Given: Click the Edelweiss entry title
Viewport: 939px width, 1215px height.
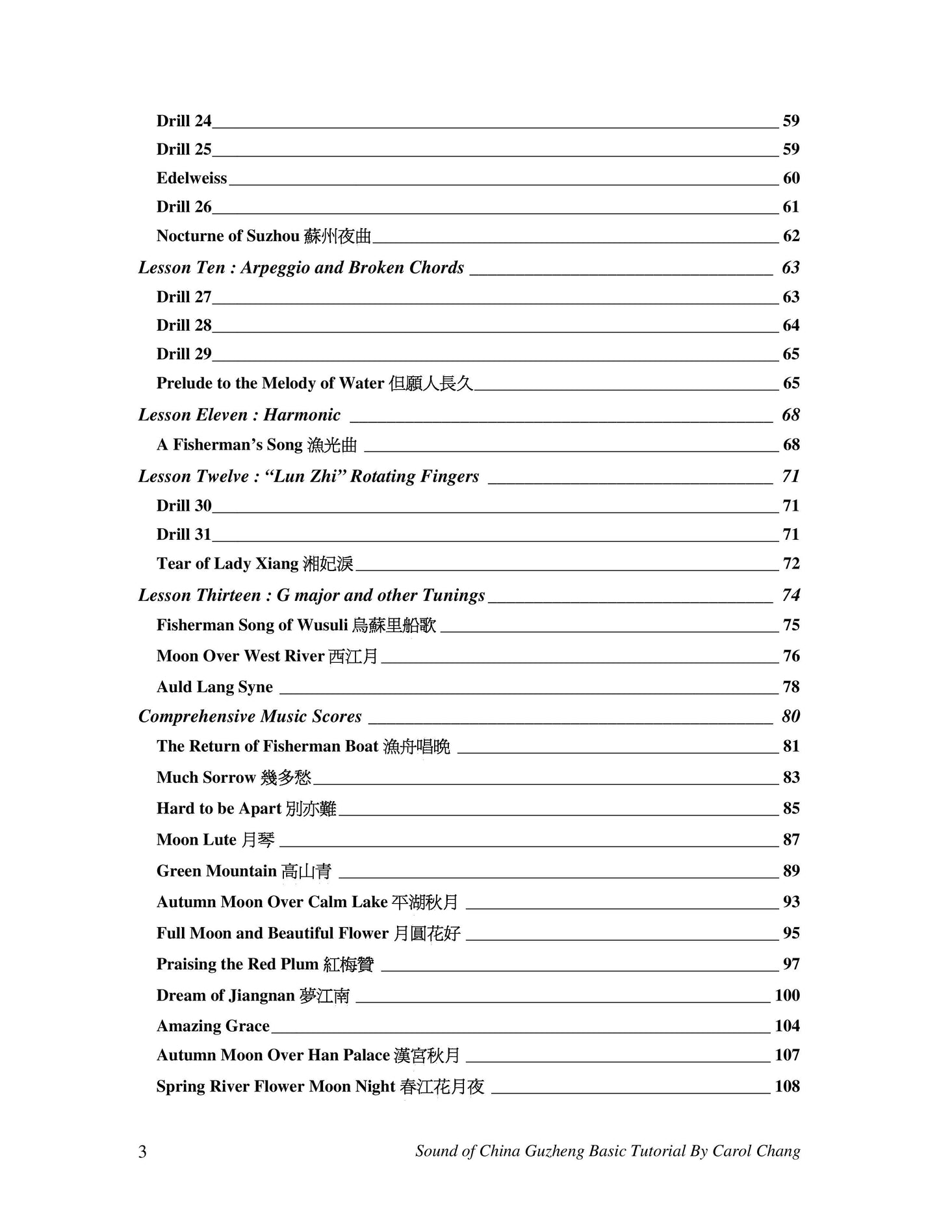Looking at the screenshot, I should [x=192, y=179].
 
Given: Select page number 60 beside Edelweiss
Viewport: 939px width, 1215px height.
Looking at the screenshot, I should [x=791, y=179].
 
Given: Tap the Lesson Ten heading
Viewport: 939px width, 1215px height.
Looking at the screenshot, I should [x=301, y=268].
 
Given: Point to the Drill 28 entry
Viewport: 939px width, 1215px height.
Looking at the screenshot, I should [x=184, y=326].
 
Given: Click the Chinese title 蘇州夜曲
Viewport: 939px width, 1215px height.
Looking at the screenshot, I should [x=337, y=237].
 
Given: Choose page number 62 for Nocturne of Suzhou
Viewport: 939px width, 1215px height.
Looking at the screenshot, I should [x=791, y=236].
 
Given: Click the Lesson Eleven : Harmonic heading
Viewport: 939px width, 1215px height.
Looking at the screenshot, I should [x=239, y=415].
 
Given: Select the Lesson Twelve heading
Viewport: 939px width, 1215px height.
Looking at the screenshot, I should [x=309, y=476].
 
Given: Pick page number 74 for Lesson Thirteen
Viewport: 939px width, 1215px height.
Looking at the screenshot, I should [x=791, y=595].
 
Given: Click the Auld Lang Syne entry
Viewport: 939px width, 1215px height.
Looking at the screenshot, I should [x=214, y=687].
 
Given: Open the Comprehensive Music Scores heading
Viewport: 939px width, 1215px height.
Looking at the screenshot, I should [x=250, y=717].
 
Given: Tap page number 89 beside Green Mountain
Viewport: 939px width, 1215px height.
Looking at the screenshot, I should [x=791, y=871].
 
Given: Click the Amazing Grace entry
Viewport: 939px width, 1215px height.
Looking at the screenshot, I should [x=213, y=1027].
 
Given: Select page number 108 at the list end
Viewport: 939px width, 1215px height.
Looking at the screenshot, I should [x=787, y=1086].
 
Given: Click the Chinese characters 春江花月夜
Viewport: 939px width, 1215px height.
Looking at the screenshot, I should [x=443, y=1087].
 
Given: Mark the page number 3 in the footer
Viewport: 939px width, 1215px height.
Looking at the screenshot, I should [x=143, y=1152].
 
